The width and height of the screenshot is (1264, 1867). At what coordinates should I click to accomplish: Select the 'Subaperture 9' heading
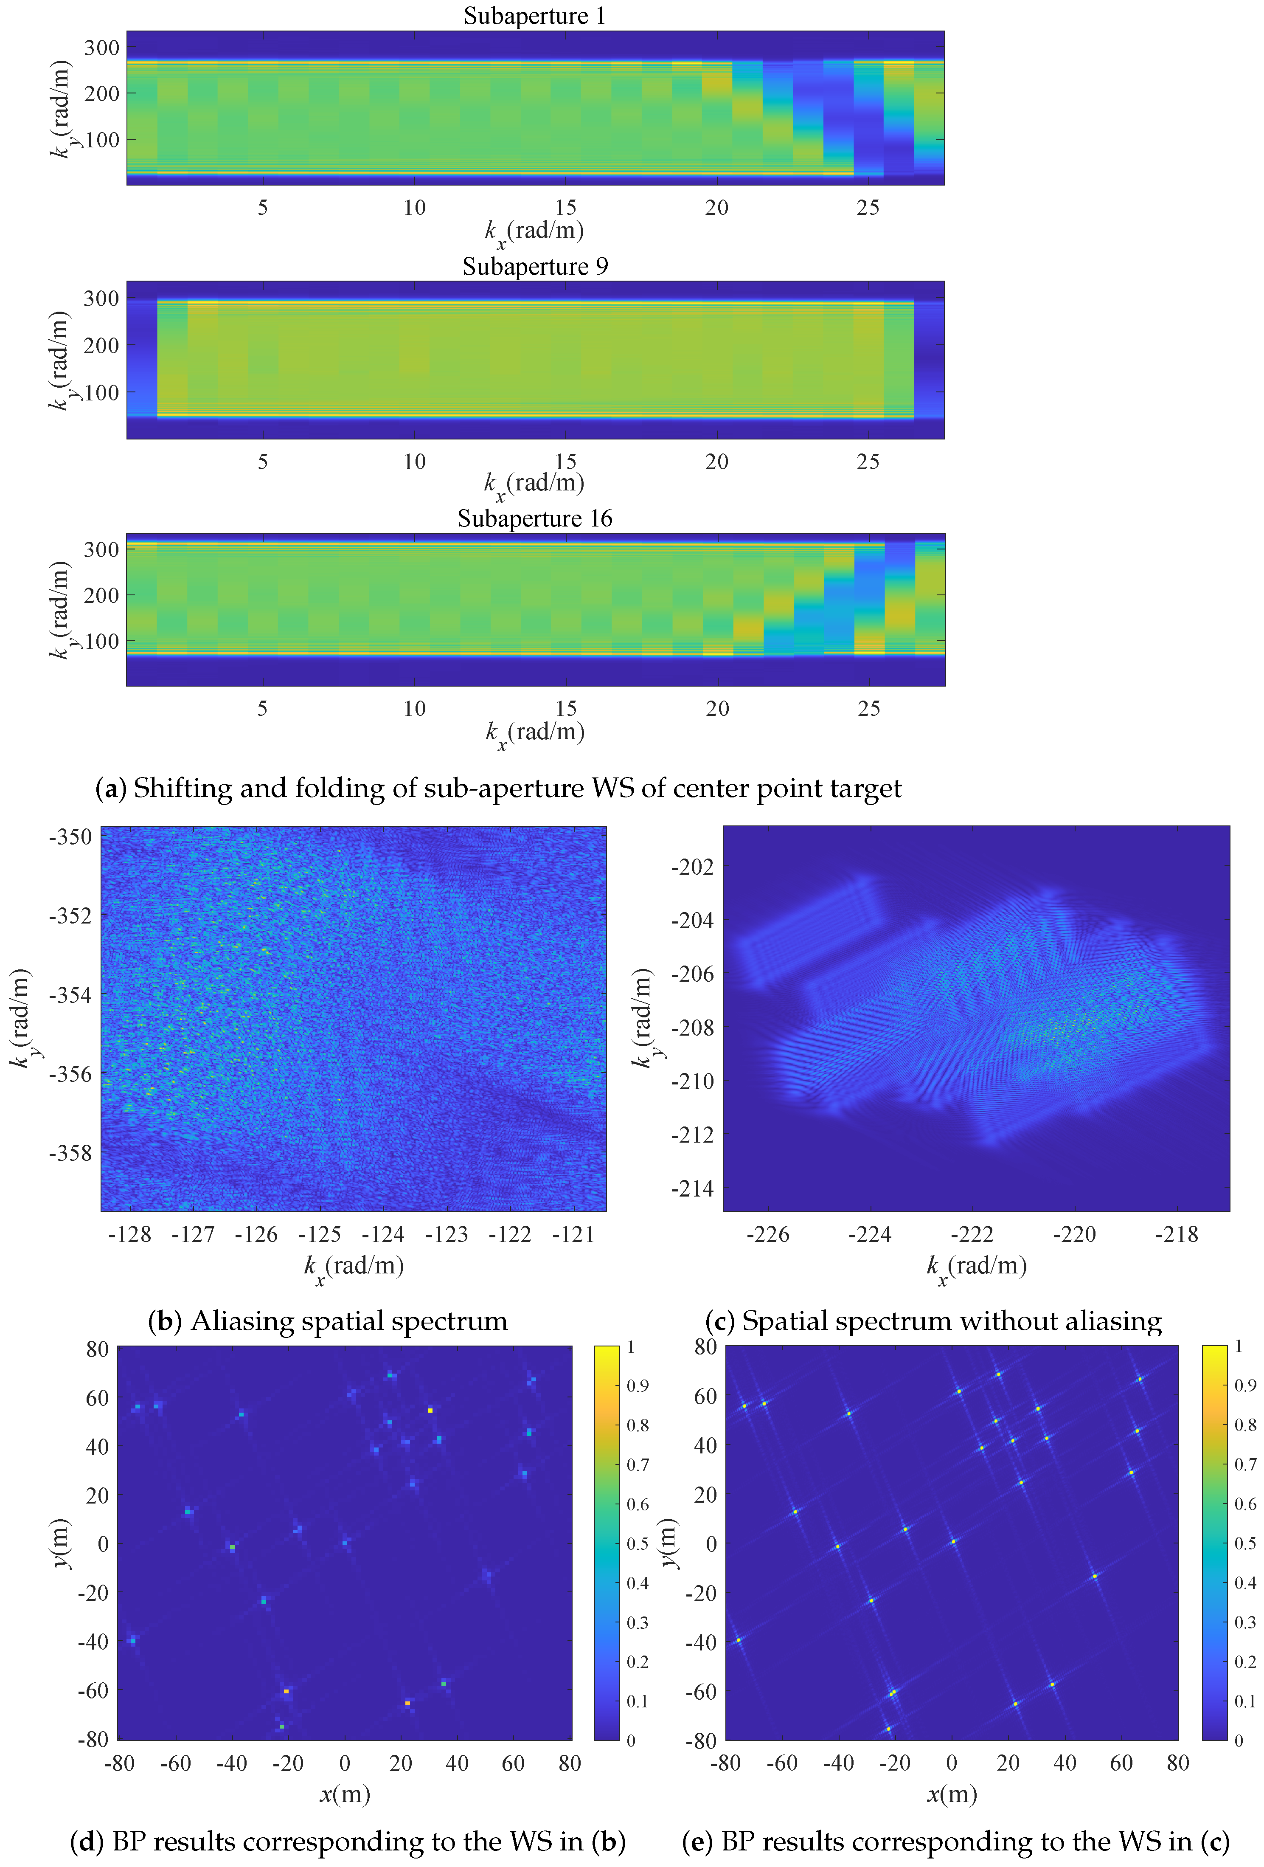click(x=535, y=267)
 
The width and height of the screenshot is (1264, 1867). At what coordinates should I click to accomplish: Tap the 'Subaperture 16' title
click(x=535, y=519)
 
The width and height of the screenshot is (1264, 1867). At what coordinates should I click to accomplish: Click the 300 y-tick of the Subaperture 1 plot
click(x=102, y=48)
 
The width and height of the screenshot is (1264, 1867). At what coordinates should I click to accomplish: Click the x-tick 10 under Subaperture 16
click(x=414, y=709)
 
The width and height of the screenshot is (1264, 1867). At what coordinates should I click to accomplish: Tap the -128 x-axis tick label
click(x=130, y=1235)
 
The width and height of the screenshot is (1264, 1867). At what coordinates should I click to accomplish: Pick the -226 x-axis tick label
click(x=768, y=1235)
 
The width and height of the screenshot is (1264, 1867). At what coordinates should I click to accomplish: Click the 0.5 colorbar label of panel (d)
click(x=638, y=1544)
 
